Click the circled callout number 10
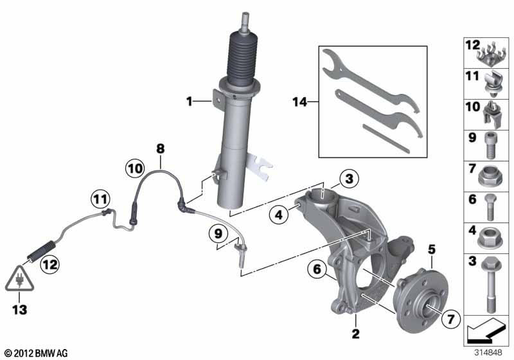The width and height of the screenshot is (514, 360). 135,169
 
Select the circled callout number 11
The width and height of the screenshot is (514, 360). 100,199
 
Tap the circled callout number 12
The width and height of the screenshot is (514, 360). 50,264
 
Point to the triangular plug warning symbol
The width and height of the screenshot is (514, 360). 20,279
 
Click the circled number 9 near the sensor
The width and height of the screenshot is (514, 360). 218,234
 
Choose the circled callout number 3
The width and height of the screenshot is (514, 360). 350,179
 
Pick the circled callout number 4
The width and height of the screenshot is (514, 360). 279,215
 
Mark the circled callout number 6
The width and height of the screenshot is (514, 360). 317,269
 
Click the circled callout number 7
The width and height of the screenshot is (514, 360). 451,319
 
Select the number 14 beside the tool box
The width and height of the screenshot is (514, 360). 299,102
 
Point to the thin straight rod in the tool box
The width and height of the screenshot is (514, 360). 387,138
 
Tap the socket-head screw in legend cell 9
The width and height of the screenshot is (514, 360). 490,145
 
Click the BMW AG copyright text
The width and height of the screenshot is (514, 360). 37,353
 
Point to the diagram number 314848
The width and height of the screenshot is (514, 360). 488,352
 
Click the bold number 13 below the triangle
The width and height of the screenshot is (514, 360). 19,309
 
